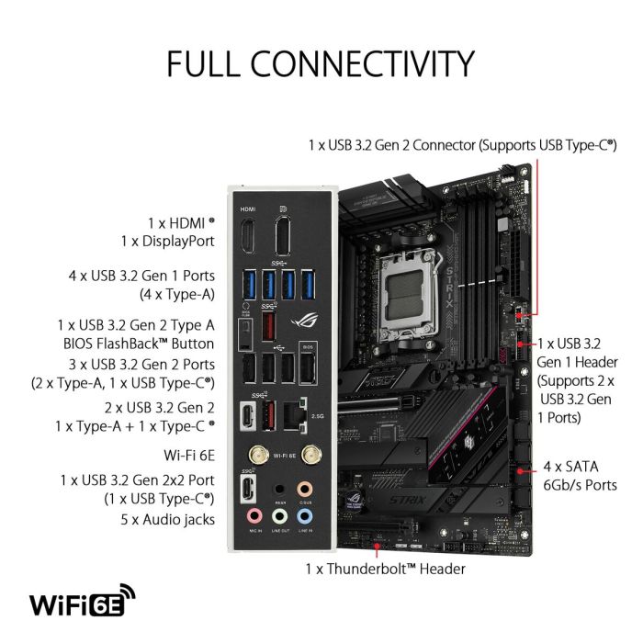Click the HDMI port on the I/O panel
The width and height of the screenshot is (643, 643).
[247, 235]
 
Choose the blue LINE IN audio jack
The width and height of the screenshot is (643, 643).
[305, 516]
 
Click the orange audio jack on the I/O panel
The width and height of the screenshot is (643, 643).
[305, 490]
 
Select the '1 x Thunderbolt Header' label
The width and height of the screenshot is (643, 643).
[385, 569]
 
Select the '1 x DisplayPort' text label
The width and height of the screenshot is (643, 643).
[167, 242]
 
